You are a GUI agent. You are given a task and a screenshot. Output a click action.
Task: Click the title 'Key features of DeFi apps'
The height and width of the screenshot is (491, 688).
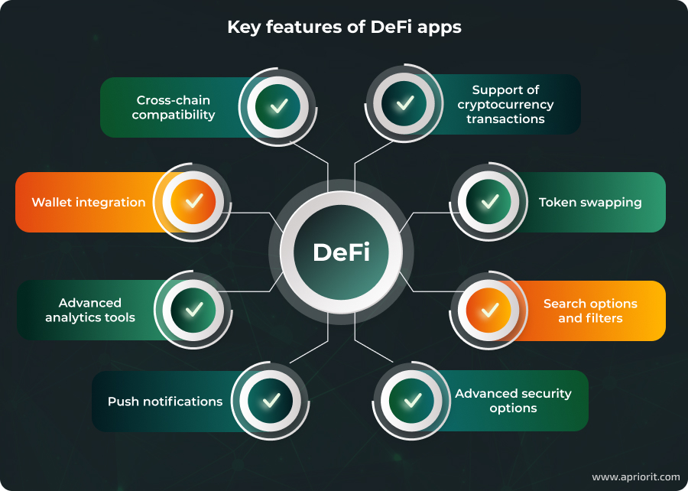point(344,28)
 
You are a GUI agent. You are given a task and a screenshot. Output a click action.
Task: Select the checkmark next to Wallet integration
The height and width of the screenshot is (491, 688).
point(194,202)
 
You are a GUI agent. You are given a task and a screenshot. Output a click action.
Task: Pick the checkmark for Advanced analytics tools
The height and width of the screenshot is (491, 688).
point(194,310)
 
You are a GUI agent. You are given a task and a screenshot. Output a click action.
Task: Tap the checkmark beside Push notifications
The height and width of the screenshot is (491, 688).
point(271,400)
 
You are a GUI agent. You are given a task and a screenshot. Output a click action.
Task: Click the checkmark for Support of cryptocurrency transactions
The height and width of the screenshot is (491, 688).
point(405,103)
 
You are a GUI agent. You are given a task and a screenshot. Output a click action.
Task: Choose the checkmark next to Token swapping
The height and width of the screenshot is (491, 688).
point(489,202)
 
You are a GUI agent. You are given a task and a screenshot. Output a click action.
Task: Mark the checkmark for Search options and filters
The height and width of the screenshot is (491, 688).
point(489,310)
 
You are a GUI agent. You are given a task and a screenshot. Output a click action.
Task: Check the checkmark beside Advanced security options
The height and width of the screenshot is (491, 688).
point(413,400)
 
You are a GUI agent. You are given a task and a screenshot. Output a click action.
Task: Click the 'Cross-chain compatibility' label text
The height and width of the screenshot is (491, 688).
point(174,107)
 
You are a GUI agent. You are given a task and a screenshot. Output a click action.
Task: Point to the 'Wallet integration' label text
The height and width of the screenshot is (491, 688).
point(89,203)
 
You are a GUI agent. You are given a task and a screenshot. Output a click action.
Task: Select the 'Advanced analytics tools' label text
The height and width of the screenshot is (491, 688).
point(90,311)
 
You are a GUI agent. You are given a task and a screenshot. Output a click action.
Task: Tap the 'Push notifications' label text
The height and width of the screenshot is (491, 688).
point(165,402)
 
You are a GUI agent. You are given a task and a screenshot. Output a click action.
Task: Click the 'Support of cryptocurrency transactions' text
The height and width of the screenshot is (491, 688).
point(505,105)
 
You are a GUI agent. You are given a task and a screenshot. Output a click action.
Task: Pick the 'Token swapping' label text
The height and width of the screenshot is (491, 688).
point(590,203)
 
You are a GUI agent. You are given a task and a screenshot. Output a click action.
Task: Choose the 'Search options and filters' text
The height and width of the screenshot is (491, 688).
point(590,311)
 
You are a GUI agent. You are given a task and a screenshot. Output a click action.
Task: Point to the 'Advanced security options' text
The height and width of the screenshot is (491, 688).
point(513,401)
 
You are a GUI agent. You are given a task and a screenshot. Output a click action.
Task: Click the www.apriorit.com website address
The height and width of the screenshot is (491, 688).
point(635,476)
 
